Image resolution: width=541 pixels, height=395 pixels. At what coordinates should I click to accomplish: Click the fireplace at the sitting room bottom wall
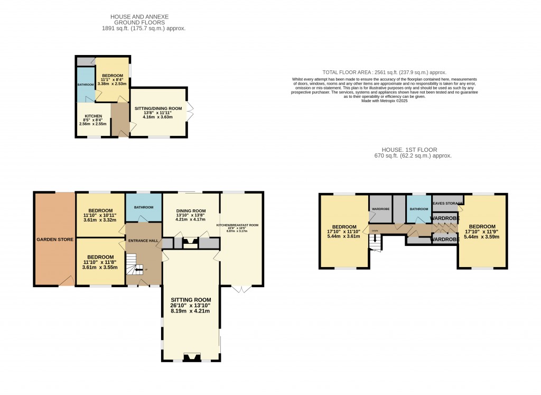click(191, 357)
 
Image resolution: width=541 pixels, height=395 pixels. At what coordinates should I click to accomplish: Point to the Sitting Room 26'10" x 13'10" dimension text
click(191, 305)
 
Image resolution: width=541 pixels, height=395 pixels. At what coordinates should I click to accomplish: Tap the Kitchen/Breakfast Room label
click(237, 225)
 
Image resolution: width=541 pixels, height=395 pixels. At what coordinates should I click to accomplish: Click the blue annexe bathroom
click(86, 85)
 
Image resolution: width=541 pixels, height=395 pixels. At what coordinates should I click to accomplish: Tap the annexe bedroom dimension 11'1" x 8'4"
click(111, 79)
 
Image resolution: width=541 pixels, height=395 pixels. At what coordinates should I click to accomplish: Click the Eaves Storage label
click(447, 203)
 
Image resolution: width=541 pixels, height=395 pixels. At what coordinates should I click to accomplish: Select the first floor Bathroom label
click(419, 209)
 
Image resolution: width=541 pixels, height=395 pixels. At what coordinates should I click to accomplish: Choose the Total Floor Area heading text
click(384, 72)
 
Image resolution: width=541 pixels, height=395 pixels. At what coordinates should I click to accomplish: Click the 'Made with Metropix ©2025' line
click(384, 100)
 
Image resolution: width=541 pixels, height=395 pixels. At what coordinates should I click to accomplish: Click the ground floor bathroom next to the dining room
click(144, 207)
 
